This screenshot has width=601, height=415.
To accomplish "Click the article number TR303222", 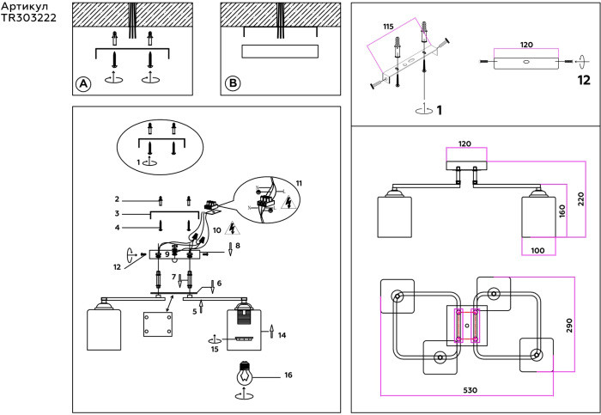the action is tap(28, 18).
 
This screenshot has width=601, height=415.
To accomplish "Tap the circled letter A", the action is tap(83, 84).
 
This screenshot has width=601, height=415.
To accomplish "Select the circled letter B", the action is tap(233, 83).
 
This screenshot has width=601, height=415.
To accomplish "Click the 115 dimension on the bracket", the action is tap(388, 27).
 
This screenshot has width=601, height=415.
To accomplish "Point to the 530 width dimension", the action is tap(470, 390).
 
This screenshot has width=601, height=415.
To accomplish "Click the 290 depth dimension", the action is tap(569, 326).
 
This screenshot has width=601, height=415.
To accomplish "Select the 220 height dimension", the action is tap(581, 199).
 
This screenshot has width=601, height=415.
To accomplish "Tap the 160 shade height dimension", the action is tap(562, 211).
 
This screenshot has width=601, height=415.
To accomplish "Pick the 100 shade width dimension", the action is tap(537, 250).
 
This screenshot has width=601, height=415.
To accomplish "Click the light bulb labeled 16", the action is tap(244, 373).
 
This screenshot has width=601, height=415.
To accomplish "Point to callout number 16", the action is tap(288, 375).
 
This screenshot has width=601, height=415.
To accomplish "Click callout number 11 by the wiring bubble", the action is tap(299, 183).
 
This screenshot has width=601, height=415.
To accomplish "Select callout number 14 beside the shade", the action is tap(282, 335).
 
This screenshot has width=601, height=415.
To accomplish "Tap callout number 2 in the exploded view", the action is tap(117, 199).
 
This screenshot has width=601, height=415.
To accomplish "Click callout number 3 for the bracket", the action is tap(117, 213).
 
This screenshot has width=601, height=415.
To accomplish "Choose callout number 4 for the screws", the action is tap(117, 228).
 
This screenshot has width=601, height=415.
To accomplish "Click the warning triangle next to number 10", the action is tap(232, 229).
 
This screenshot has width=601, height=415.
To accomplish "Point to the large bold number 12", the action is tap(584, 80).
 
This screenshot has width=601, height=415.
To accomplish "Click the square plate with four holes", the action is tap(158, 325).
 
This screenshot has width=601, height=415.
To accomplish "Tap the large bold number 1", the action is tap(440, 111).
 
